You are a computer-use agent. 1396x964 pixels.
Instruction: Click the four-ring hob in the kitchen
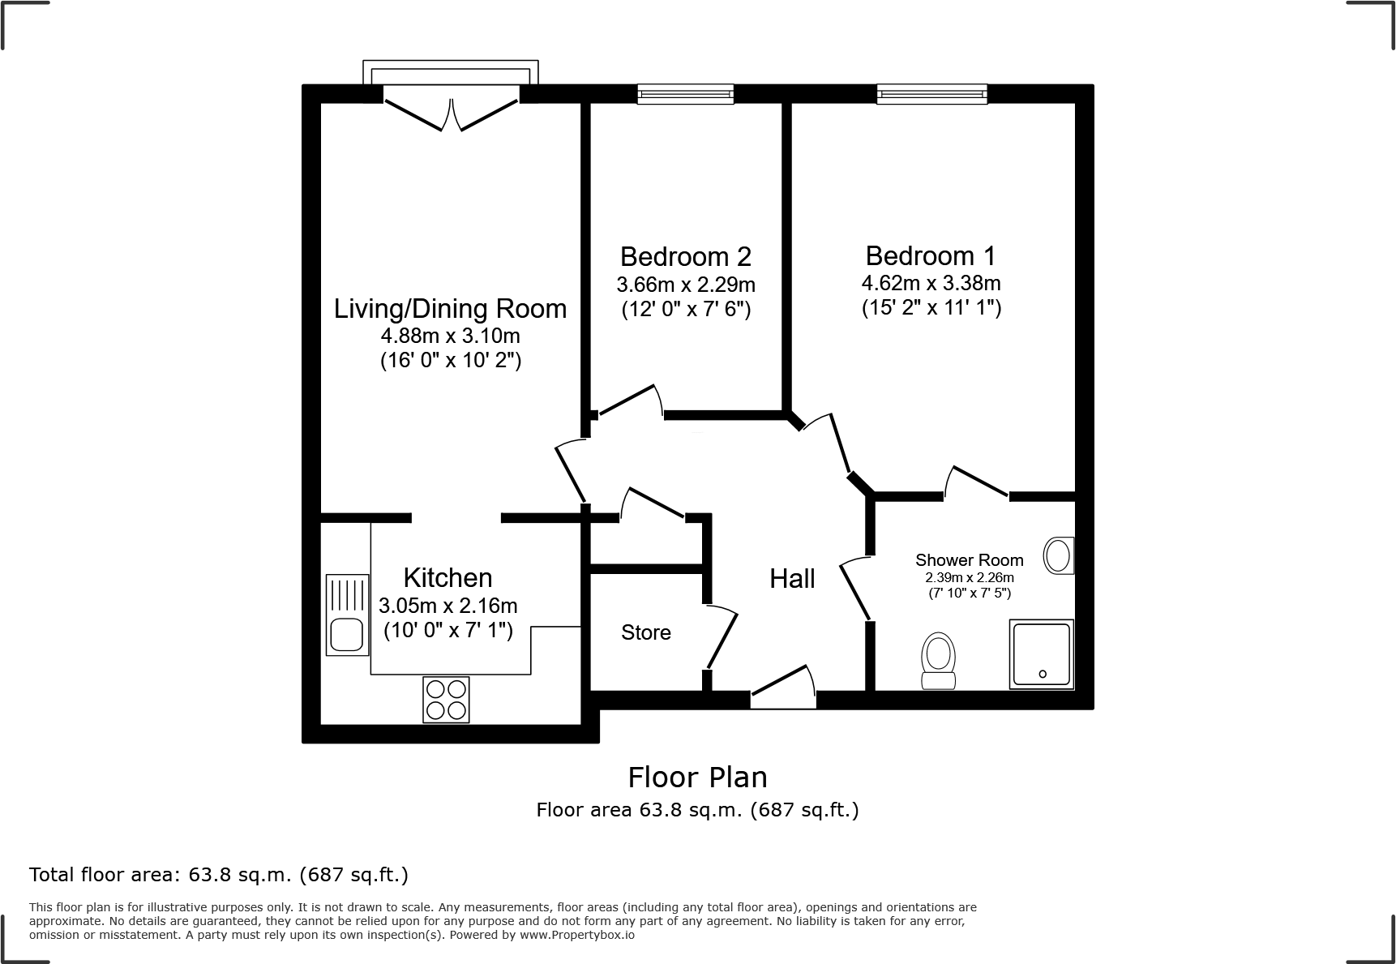click(x=446, y=700)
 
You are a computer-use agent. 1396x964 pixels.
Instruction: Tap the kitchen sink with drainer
click(x=347, y=615)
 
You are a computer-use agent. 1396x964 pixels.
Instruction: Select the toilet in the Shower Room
click(x=938, y=661)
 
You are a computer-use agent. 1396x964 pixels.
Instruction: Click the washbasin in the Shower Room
click(x=1058, y=556)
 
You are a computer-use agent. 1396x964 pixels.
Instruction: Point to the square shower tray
click(x=1042, y=654)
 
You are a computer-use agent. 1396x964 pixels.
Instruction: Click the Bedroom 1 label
click(x=931, y=256)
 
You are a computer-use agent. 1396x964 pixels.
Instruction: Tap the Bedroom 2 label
click(x=686, y=257)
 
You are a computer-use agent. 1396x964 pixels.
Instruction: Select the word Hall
click(x=792, y=579)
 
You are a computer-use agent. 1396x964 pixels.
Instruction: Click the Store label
click(x=646, y=632)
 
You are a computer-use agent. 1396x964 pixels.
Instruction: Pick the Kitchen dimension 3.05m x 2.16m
click(x=447, y=606)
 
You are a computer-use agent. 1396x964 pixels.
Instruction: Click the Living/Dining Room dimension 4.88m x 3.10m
click(x=451, y=336)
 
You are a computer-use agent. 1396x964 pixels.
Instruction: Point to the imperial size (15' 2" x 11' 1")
click(x=931, y=308)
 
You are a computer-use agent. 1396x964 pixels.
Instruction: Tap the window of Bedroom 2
click(x=685, y=95)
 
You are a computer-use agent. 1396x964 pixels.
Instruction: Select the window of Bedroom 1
click(x=932, y=95)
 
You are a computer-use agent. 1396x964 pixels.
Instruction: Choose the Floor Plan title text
click(x=697, y=778)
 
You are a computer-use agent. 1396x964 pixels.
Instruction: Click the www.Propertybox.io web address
click(x=576, y=935)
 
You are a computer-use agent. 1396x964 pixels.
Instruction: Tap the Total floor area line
click(x=219, y=875)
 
